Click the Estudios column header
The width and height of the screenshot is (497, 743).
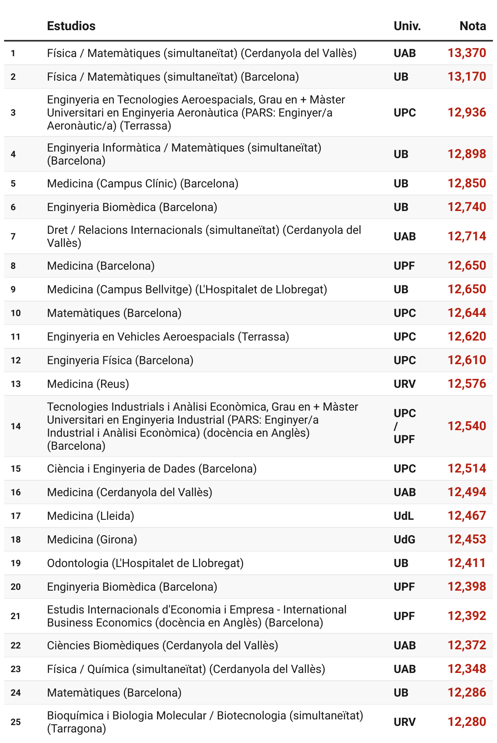coord(71,26)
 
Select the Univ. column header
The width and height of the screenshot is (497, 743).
coord(407,26)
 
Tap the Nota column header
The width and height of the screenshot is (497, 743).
coord(473,26)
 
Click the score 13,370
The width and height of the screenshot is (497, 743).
coord(467,53)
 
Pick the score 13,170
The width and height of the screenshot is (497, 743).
coord(467,77)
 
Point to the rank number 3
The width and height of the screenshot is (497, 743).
coord(13,112)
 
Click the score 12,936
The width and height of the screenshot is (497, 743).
coord(467,112)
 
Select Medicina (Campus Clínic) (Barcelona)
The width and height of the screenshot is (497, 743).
coord(143,184)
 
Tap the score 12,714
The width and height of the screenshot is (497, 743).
coord(467,236)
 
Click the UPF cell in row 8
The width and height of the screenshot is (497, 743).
coord(404,266)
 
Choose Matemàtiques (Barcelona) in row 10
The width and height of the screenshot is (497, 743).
coord(114,313)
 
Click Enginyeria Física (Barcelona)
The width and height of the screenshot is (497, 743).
coord(120,361)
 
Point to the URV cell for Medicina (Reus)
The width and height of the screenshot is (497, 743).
coord(405,384)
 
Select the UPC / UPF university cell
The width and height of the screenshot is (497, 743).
coord(405,426)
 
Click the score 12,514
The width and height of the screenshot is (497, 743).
coord(467,469)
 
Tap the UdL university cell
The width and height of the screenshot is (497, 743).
coord(403,516)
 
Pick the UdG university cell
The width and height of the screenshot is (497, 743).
coord(404,540)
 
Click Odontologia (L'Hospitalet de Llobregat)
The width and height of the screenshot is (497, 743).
coord(145,563)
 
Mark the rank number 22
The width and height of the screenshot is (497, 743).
coord(15,646)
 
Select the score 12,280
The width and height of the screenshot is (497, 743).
coord(467,722)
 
